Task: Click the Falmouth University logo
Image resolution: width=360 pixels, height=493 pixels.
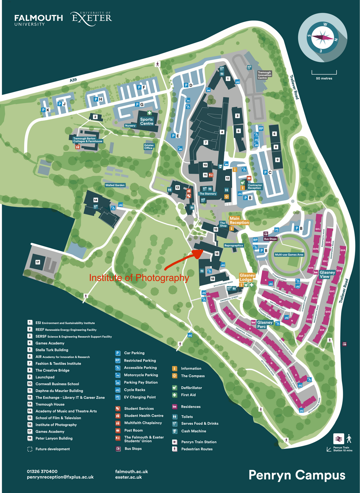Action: tap(38, 20)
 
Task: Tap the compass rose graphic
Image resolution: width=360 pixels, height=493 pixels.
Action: tap(322, 38)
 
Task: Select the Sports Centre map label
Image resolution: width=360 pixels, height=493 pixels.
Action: tap(147, 121)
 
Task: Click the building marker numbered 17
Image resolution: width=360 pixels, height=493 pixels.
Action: tap(38, 262)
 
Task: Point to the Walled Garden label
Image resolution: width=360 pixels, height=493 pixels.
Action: tap(115, 185)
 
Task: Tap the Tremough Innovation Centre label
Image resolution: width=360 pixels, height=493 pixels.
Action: tap(264, 75)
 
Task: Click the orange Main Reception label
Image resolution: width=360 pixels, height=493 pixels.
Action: tap(239, 221)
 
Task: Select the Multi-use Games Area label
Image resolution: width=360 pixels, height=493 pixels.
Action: tap(289, 254)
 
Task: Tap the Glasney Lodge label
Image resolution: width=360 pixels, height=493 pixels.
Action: tap(247, 277)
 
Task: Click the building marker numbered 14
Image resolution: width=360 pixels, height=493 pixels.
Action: tap(95, 200)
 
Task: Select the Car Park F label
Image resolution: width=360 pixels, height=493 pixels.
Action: tap(142, 87)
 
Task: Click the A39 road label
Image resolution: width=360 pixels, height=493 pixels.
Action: tap(73, 80)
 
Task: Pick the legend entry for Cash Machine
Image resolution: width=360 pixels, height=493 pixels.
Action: tap(193, 431)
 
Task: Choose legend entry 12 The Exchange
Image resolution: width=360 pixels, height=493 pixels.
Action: tap(70, 397)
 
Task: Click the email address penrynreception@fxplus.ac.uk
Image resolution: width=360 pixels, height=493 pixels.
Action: tap(60, 477)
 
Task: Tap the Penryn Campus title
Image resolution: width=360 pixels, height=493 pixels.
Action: tap(297, 475)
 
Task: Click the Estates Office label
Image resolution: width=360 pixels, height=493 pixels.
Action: tap(149, 147)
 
